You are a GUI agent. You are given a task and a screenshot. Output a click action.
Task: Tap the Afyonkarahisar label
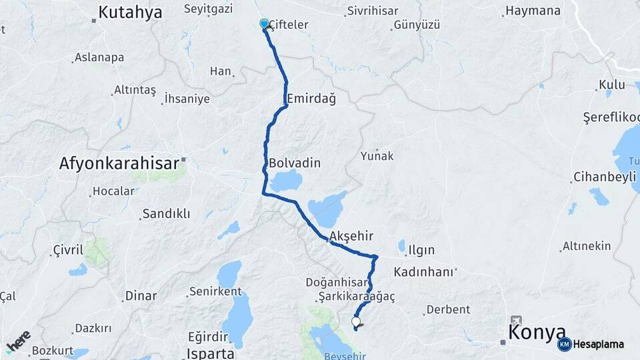coord(119,163)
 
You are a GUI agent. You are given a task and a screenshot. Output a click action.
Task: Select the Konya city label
coord(537,332)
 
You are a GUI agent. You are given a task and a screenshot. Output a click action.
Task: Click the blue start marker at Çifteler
coord(264,24)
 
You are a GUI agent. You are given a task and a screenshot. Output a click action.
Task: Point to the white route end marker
coord(356,322)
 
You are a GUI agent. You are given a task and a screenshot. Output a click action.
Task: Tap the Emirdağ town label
coord(311,99)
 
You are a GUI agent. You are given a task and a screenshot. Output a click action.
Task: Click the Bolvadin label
coord(295,163)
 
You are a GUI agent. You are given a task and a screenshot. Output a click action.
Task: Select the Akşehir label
coord(351,236)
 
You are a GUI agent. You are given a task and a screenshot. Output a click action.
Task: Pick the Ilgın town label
coord(421,250)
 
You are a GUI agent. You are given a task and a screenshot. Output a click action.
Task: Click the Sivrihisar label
coord(373,11)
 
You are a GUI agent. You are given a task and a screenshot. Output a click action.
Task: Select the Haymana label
coord(533,11)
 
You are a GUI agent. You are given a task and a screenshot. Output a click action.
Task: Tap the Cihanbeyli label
coord(602,178)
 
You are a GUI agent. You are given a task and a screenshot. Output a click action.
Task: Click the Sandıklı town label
coord(166,214)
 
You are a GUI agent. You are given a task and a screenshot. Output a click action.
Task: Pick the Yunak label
coord(377,156)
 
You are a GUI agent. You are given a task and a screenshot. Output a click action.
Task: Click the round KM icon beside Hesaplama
coord(565,344)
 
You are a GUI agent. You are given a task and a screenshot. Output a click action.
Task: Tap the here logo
coord(18,341)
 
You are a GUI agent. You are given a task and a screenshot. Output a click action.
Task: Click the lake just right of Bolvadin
coord(287,181)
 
